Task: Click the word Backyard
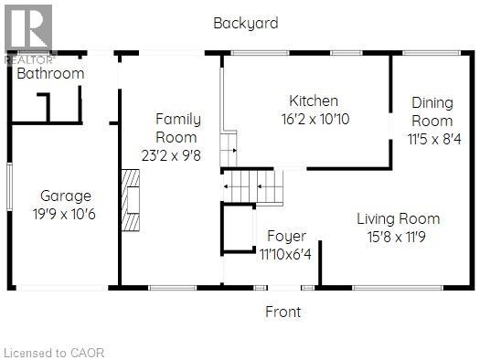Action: (246, 24)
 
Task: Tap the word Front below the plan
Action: (283, 312)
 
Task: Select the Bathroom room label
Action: (50, 73)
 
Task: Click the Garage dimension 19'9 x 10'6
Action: (64, 214)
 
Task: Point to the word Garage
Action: (66, 196)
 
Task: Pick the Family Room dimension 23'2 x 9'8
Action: (171, 155)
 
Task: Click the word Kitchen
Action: (314, 101)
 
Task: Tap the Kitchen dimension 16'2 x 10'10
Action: (315, 119)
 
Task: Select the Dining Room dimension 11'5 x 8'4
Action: (434, 140)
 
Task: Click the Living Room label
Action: (399, 218)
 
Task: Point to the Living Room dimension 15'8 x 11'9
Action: (397, 237)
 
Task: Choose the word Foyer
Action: (286, 236)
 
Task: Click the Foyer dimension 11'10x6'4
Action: (285, 254)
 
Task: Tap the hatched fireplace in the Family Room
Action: (131, 200)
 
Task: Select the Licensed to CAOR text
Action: (54, 353)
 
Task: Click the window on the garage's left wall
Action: (9, 186)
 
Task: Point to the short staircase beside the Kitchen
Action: (229, 149)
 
